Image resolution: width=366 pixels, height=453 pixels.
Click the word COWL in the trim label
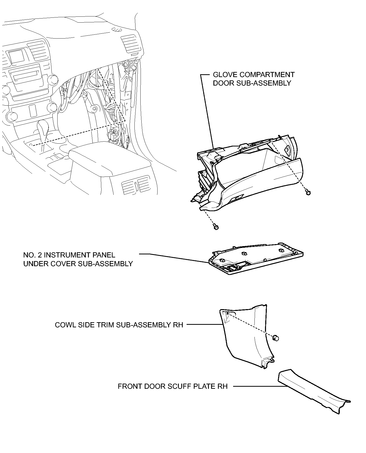click(x=64, y=325)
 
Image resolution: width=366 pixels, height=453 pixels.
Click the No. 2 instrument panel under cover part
click(x=256, y=258)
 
